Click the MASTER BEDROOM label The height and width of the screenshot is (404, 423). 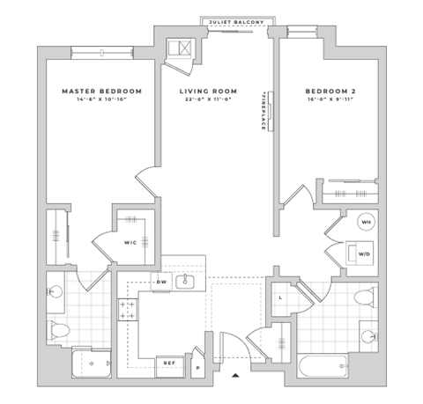[101, 91]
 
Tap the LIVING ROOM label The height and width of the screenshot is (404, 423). [210, 91]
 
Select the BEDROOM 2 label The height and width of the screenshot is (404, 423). [331, 91]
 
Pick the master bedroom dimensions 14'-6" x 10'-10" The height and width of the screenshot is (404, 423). [101, 100]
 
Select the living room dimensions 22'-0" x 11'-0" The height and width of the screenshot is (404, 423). [210, 100]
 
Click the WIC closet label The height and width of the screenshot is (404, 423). [130, 242]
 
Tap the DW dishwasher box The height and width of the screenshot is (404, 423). [161, 283]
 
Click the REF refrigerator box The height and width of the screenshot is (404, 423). [167, 362]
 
